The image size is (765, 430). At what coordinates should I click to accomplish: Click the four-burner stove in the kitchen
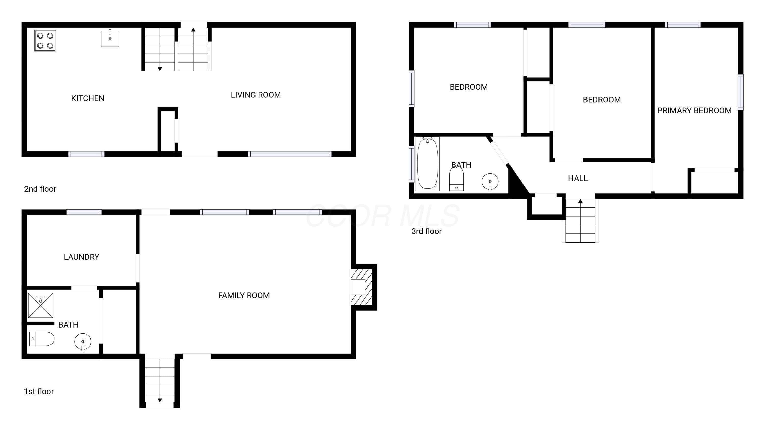(45, 41)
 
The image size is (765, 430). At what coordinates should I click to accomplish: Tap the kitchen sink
(110, 38)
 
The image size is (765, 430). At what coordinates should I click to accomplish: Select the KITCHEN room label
(88, 98)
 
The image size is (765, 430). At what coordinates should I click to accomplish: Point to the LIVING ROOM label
(256, 95)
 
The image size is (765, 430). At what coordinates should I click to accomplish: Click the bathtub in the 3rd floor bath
(427, 164)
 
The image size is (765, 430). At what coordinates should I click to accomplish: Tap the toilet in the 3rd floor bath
(456, 178)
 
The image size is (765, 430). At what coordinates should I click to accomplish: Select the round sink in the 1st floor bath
(83, 342)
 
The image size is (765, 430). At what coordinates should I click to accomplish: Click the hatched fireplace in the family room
(361, 287)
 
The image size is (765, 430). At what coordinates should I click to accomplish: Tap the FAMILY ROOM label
(244, 295)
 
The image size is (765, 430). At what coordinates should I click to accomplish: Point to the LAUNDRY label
(81, 257)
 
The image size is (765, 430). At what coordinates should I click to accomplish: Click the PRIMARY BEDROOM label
(694, 110)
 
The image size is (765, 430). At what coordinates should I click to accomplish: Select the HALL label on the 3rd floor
(578, 178)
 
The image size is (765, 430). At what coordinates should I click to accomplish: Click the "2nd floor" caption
(40, 189)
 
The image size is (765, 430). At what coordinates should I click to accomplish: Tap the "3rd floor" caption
(426, 231)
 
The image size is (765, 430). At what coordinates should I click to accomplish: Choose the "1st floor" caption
(39, 391)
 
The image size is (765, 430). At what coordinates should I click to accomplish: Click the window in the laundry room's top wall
(84, 212)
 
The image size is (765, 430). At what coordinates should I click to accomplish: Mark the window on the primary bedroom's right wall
(741, 92)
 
